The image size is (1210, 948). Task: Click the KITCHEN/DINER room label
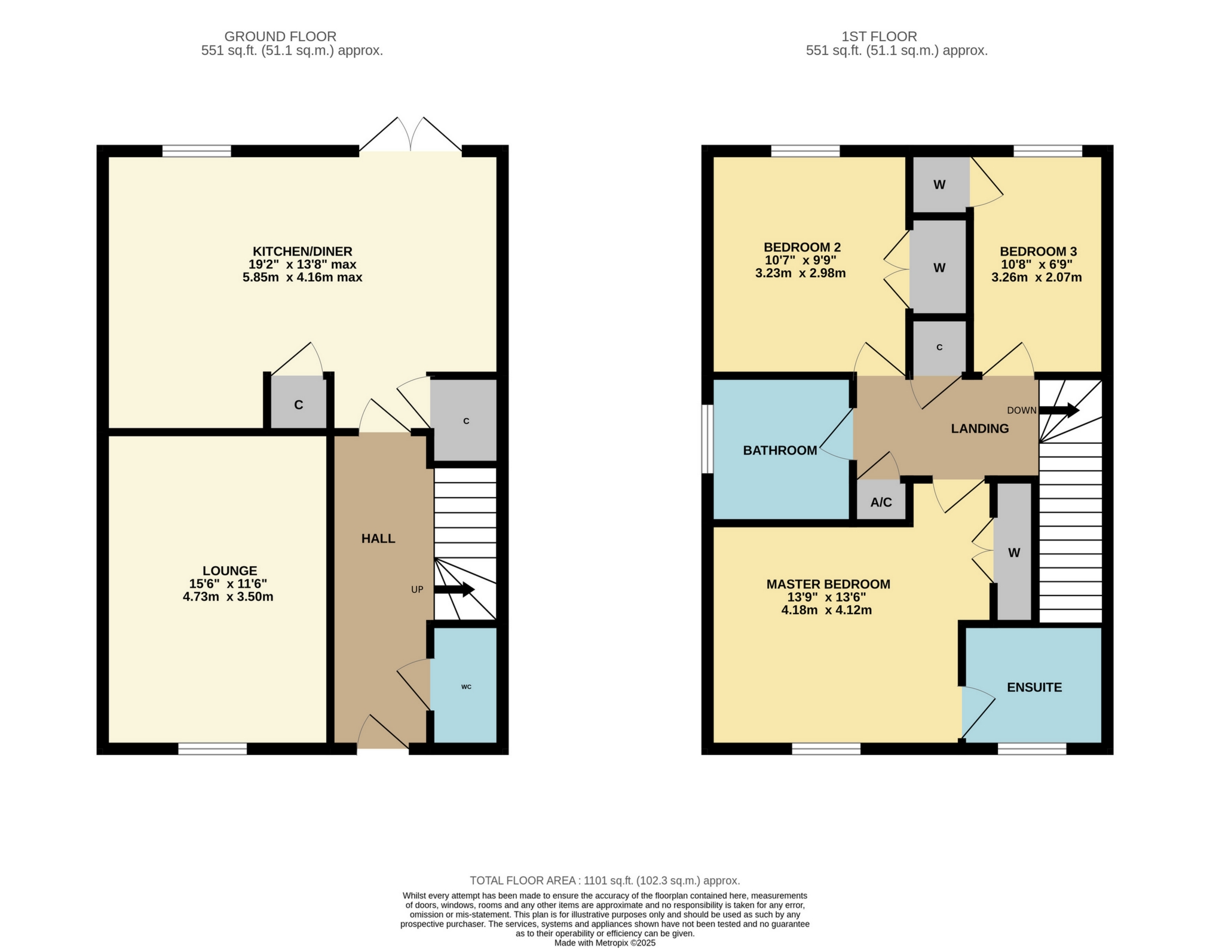tap(302, 251)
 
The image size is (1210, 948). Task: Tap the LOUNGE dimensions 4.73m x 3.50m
tap(228, 597)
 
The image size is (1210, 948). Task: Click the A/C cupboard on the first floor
tap(881, 502)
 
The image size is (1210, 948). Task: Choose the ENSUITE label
tap(1034, 688)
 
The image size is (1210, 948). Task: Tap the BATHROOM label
tap(779, 450)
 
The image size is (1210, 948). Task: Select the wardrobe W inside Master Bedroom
tap(1013, 553)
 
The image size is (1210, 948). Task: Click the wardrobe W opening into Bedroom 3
tap(939, 185)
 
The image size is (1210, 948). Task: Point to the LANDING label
tap(979, 428)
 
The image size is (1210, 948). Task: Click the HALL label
tap(378, 538)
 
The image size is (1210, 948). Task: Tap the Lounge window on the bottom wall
tap(212, 749)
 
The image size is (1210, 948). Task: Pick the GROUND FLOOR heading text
tap(280, 36)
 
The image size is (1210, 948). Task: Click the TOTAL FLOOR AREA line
tap(605, 880)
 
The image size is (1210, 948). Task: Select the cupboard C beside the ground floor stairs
tap(465, 421)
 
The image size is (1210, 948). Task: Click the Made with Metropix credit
tap(605, 943)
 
